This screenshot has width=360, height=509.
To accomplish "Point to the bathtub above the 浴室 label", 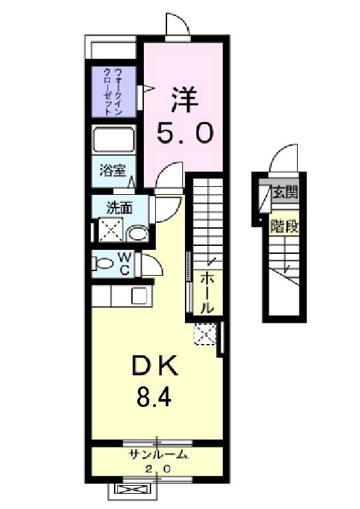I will (113, 141).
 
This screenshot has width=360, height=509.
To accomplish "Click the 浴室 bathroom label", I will (112, 170).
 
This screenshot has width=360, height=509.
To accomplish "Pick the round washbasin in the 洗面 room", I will (138, 232).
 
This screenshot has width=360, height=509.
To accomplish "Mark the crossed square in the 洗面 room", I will (109, 230).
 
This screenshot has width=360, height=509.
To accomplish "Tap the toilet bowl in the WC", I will (104, 263).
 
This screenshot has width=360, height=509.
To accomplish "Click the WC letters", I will (125, 263).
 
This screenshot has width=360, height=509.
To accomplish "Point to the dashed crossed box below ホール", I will (205, 335).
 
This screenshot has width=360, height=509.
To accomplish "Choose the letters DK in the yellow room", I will (154, 366).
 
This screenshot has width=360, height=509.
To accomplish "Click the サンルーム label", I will (158, 455).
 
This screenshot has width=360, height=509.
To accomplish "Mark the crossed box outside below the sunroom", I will (133, 490).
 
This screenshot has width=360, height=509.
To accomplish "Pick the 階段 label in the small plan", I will (284, 227).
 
